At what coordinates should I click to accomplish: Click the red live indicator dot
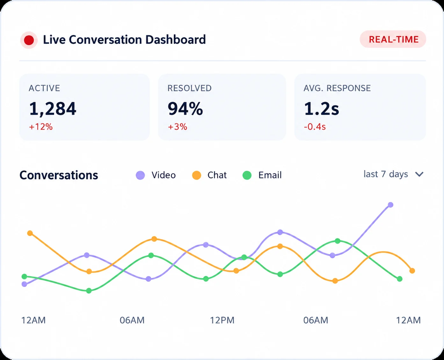pos(29,40)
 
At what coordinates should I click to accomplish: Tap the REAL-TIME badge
pos(393,40)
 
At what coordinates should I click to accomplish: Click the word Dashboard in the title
pos(176,40)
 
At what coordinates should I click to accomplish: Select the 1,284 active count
pos(53,109)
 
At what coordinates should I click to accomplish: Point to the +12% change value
pos(41,127)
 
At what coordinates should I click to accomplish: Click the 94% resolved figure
pos(185,109)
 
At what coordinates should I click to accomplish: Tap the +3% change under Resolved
pos(178,127)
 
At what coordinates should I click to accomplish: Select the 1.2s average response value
pos(321,109)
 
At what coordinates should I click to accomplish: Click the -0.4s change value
pos(315,127)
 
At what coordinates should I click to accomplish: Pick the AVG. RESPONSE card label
pos(337,88)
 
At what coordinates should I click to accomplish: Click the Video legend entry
pos(156,175)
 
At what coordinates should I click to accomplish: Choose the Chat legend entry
pos(209,175)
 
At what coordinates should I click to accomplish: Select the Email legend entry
pos(262,175)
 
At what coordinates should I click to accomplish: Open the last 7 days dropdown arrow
pos(419,174)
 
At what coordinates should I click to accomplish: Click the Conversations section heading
pos(59,175)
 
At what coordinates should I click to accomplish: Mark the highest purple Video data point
pos(390,205)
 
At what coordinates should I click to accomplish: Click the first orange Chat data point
pos(30,233)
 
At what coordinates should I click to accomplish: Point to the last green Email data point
pos(399,279)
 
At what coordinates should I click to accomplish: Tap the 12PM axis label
pos(222,320)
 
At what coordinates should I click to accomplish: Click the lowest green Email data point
pos(89,290)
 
